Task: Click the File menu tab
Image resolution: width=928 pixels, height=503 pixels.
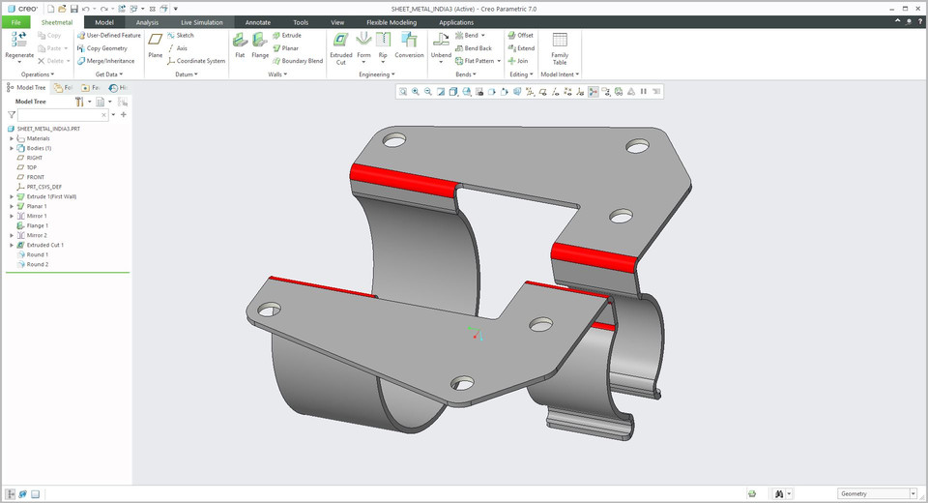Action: [15, 21]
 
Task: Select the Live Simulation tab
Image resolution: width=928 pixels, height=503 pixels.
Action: [201, 21]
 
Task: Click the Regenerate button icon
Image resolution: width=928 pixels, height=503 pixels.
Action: [19, 40]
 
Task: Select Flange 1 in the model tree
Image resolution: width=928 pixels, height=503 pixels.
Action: [37, 225]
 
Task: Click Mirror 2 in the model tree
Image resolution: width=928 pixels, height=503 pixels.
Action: [37, 235]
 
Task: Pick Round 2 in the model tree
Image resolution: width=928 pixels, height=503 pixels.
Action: [37, 264]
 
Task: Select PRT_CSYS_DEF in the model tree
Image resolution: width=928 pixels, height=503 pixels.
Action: [43, 187]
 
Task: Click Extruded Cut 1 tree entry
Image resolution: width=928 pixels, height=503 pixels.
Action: [44, 245]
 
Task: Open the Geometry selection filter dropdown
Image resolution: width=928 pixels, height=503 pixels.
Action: [874, 493]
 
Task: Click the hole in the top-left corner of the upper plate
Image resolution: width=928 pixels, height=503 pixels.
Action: [393, 139]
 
